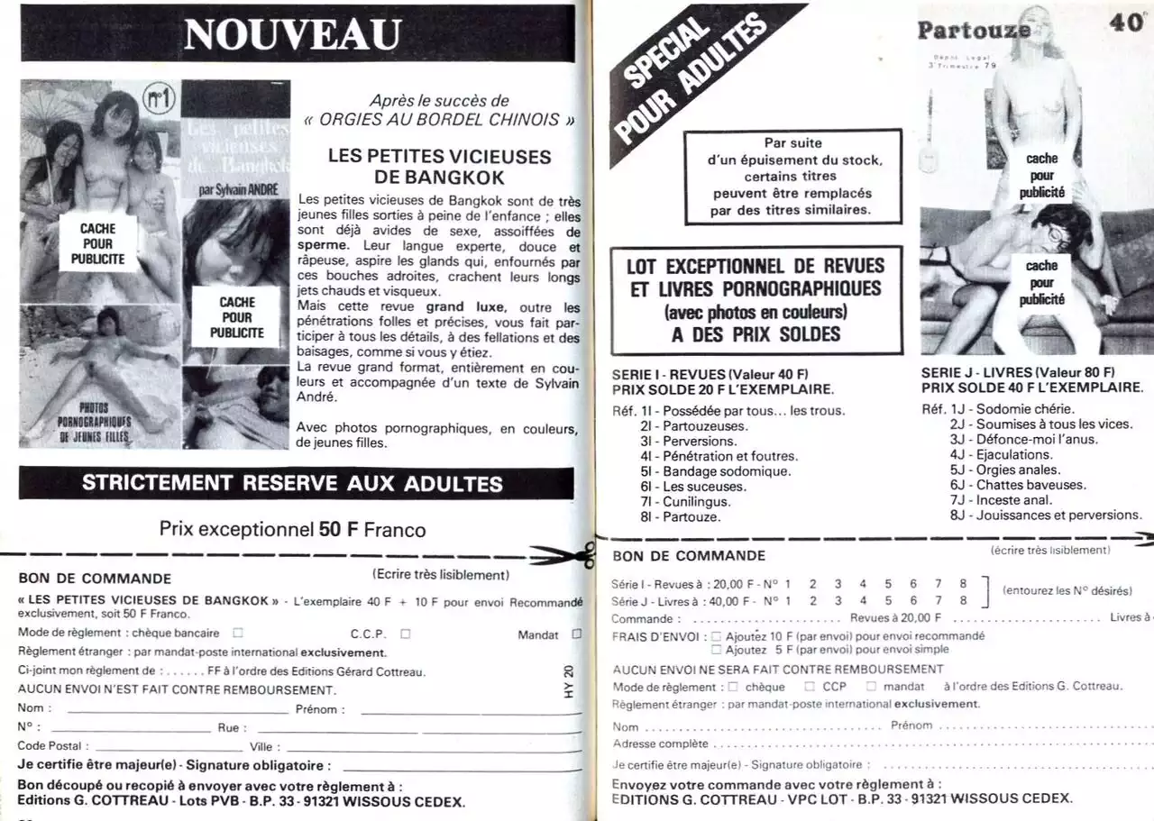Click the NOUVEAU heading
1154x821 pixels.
[292, 33]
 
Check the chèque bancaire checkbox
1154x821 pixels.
[238, 633]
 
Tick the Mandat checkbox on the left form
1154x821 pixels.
[576, 634]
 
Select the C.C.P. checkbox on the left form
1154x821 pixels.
[406, 633]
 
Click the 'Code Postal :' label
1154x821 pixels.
[53, 746]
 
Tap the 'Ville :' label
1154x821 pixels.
[265, 746]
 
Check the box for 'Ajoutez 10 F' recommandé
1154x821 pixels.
[717, 635]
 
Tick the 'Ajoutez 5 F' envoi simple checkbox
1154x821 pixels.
[717, 649]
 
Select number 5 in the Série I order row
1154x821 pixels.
[888, 584]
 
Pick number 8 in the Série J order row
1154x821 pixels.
[963, 600]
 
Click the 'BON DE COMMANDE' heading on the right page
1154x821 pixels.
[689, 556]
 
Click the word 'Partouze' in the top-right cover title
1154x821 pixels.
[974, 29]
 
